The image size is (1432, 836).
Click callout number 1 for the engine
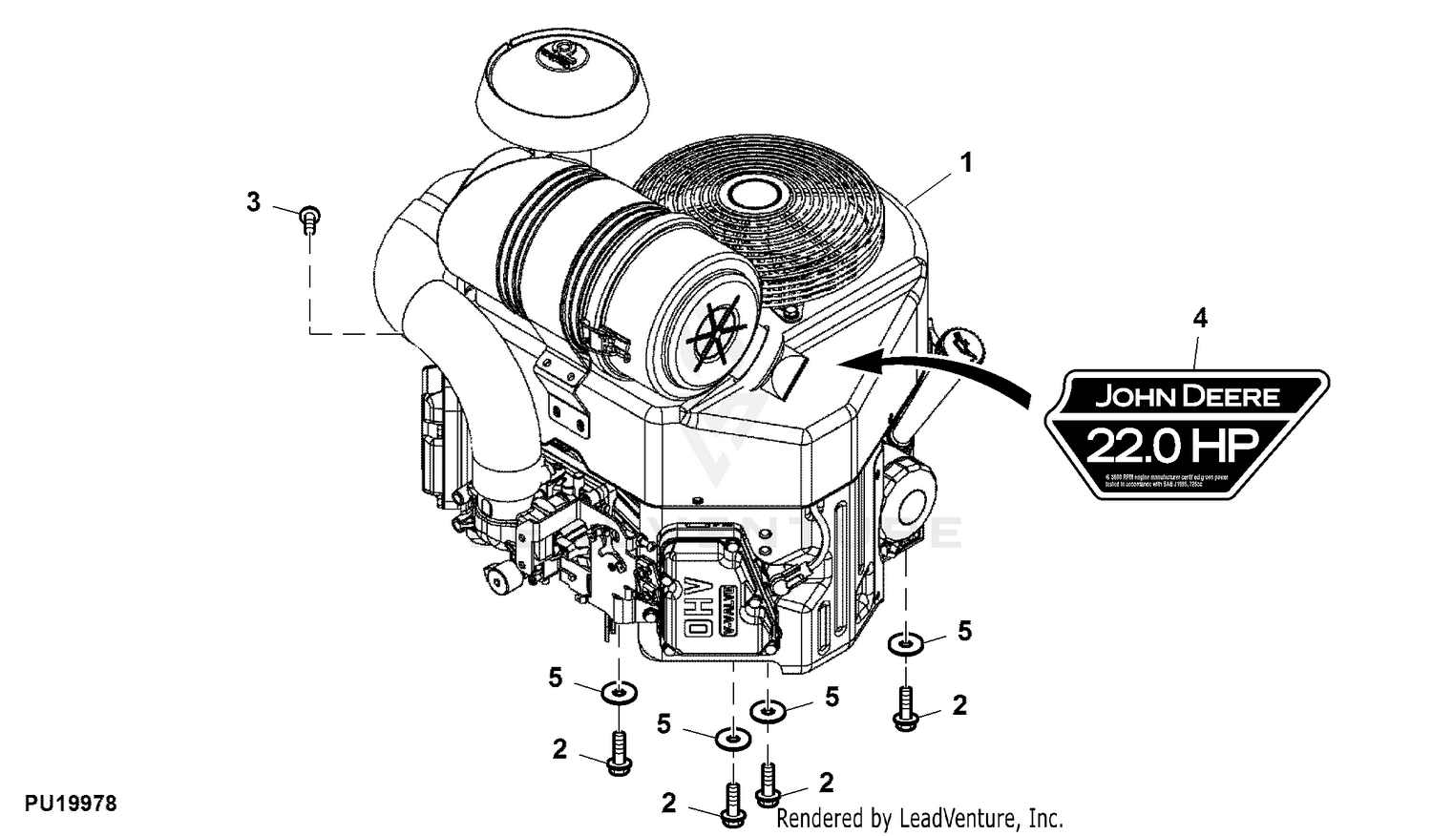(966, 163)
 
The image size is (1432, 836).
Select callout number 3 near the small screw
(253, 202)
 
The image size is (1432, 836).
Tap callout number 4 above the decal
(1200, 318)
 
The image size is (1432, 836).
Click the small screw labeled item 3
(309, 219)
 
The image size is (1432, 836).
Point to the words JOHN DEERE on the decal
(1187, 395)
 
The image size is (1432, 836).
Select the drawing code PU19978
(71, 805)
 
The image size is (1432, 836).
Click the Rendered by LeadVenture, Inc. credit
(919, 818)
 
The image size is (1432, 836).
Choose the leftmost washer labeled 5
(619, 690)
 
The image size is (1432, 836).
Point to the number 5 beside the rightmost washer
(964, 631)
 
